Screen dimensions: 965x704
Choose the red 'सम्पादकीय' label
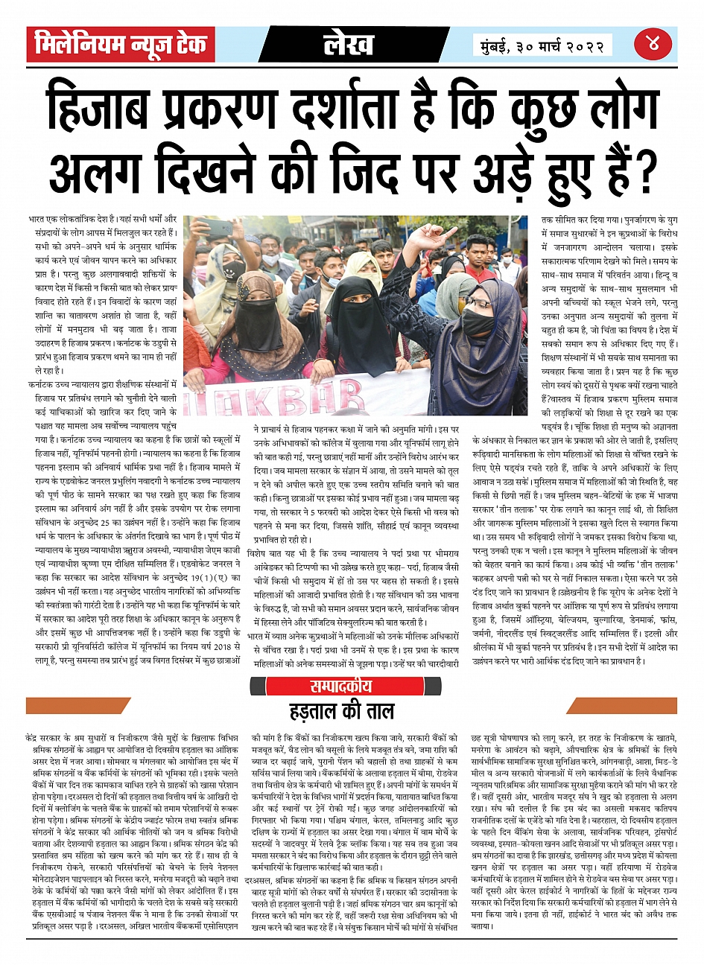(340, 686)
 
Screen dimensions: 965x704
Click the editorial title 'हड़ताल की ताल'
(341, 712)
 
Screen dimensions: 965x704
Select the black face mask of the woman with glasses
(478, 324)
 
